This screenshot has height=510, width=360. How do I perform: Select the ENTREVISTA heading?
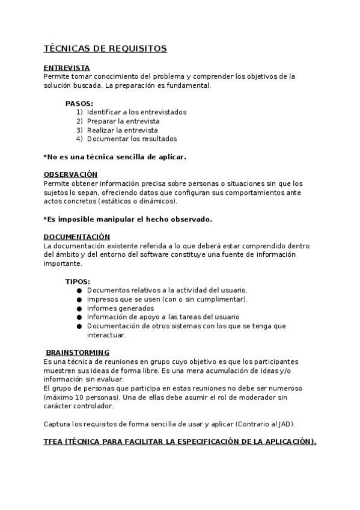[x=67, y=68]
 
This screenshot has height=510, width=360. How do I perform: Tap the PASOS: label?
[x=79, y=103]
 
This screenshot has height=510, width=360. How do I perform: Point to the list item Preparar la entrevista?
[x=123, y=121]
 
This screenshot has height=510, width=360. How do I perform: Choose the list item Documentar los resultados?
[x=132, y=139]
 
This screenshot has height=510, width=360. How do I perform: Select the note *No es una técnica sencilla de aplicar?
[x=115, y=157]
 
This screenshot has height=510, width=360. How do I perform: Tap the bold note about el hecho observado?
[x=127, y=219]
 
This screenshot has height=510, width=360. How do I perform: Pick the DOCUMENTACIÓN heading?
[x=77, y=237]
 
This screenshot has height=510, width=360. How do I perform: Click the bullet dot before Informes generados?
[x=79, y=309]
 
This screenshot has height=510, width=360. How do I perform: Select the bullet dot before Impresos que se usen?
[x=79, y=300]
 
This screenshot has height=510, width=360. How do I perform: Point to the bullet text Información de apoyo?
[x=163, y=317]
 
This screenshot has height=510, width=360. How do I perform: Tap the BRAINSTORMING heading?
[x=78, y=352]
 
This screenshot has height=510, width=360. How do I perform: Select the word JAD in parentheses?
[x=285, y=424]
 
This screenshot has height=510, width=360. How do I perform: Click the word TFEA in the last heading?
[x=56, y=442]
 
